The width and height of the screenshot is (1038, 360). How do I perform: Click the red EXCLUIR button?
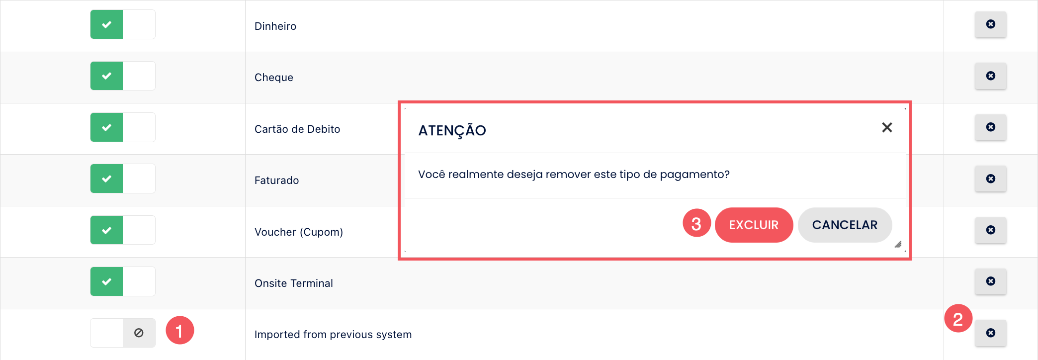754,225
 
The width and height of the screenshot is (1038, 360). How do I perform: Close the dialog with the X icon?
887,128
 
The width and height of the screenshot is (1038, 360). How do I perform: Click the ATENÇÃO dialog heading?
452,130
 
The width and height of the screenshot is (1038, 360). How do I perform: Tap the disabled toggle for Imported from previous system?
123,333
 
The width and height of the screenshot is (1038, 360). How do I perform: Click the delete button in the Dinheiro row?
991,24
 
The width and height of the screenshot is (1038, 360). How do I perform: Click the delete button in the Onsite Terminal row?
991,281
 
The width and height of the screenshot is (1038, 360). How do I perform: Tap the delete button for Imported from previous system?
991,333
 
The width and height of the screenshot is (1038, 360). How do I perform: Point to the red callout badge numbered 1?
179,330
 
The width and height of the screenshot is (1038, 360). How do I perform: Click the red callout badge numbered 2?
958,318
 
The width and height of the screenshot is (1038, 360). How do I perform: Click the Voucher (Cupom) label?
299,232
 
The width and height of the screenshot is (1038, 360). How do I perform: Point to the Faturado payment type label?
276,180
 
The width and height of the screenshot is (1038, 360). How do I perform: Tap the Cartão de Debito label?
297,129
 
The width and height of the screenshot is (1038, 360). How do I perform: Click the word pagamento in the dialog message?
694,175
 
